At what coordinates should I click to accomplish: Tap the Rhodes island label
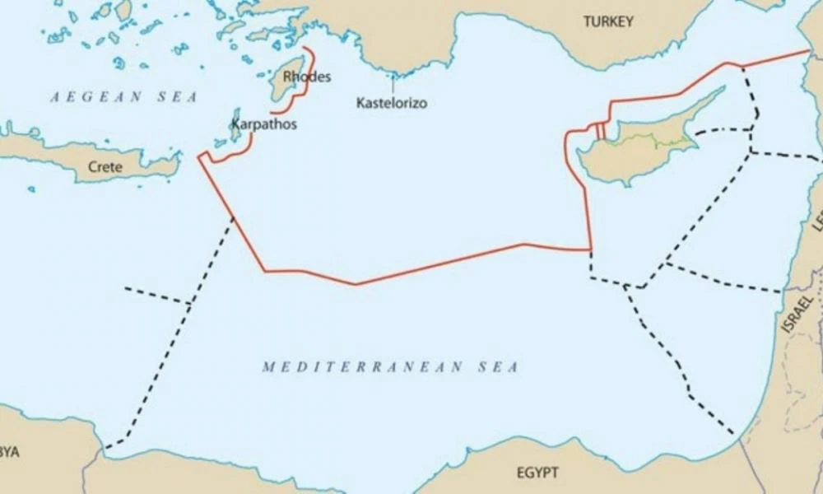[306, 77]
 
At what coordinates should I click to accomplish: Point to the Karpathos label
[263, 124]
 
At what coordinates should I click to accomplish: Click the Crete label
[105, 167]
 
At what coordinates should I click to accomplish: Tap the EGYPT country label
[537, 473]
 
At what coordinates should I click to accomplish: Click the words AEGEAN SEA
[123, 97]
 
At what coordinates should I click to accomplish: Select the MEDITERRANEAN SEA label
[390, 367]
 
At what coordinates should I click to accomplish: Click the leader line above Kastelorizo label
[393, 84]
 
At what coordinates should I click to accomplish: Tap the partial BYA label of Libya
[10, 452]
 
